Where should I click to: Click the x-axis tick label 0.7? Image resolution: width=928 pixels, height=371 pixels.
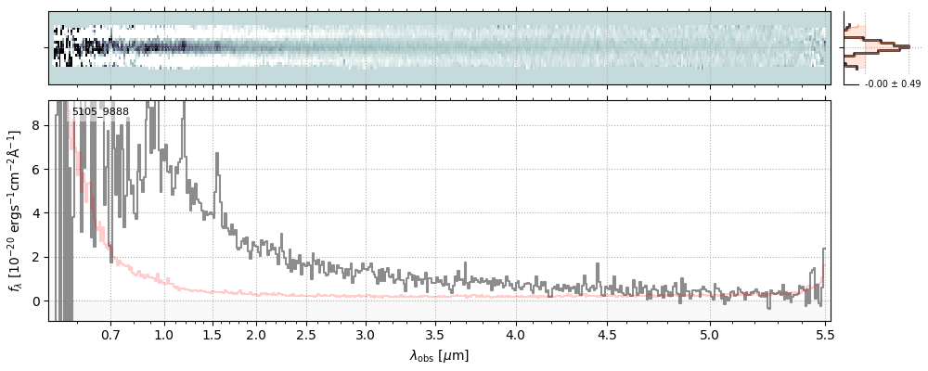point(111,334)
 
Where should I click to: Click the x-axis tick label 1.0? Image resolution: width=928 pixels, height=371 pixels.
point(164,334)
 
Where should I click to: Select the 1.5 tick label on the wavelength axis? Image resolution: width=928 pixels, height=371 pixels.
point(212,334)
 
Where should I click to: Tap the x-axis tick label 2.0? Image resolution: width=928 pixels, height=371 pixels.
point(256,334)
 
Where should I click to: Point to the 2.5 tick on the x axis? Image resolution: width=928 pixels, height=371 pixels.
point(306,334)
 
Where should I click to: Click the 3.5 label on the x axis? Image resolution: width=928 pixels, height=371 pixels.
point(434,334)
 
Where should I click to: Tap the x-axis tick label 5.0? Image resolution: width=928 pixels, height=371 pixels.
point(710,334)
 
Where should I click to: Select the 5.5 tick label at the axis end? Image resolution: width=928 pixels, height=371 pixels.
point(823,334)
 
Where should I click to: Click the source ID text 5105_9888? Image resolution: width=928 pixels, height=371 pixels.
point(100,112)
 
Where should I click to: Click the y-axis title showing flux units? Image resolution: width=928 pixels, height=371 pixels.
point(16,211)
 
